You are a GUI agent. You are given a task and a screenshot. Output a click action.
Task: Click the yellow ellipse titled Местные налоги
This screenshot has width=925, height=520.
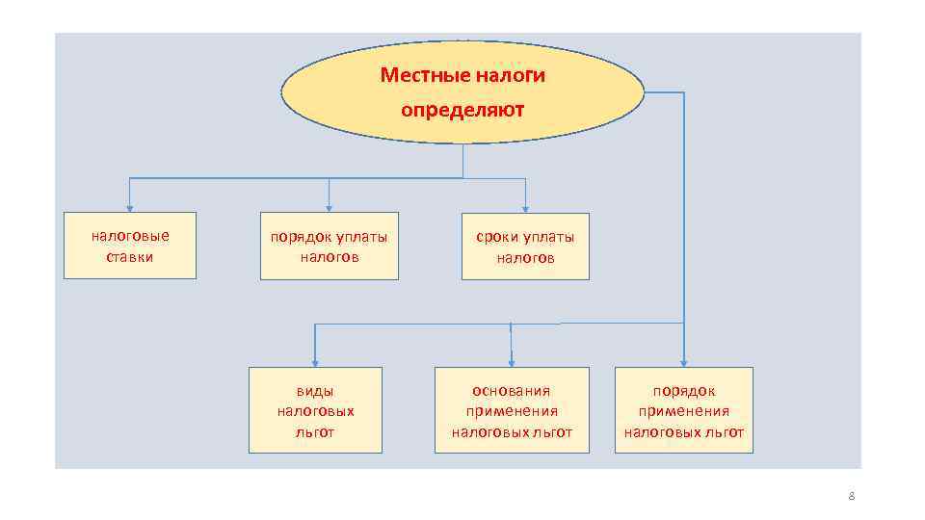462,91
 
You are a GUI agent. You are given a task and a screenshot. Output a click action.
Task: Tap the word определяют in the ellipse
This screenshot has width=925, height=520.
462,110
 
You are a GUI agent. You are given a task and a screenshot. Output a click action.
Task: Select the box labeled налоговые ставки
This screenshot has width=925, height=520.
130,246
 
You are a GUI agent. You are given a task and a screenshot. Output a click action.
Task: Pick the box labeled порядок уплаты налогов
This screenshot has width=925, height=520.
329,246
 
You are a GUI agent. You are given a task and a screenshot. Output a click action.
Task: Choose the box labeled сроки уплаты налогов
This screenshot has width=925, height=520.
525,246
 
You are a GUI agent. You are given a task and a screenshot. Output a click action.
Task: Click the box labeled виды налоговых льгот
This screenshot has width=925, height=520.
315,410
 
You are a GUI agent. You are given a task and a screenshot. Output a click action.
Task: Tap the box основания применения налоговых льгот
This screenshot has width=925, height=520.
512,410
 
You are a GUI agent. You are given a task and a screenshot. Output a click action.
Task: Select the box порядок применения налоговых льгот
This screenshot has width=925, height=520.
684,410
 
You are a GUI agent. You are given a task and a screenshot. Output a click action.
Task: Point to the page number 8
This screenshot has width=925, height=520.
851,496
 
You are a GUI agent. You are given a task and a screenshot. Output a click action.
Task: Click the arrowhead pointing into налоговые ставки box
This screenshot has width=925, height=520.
130,207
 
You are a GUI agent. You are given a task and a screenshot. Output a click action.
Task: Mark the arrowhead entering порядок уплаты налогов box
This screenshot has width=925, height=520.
330,207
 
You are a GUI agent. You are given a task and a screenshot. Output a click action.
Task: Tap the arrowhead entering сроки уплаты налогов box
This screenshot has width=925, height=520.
526,207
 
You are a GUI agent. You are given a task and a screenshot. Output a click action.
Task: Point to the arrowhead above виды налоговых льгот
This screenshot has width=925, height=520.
314,361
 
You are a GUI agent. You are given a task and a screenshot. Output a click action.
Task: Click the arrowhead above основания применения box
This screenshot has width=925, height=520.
511,361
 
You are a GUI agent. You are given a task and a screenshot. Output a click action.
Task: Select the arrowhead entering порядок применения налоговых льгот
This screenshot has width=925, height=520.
684,361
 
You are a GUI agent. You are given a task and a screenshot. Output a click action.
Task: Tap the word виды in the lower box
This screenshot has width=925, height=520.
315,391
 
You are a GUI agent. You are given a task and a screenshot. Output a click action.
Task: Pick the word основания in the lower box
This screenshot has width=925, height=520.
512,390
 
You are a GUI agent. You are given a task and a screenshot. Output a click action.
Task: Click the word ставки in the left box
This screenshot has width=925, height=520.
130,257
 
